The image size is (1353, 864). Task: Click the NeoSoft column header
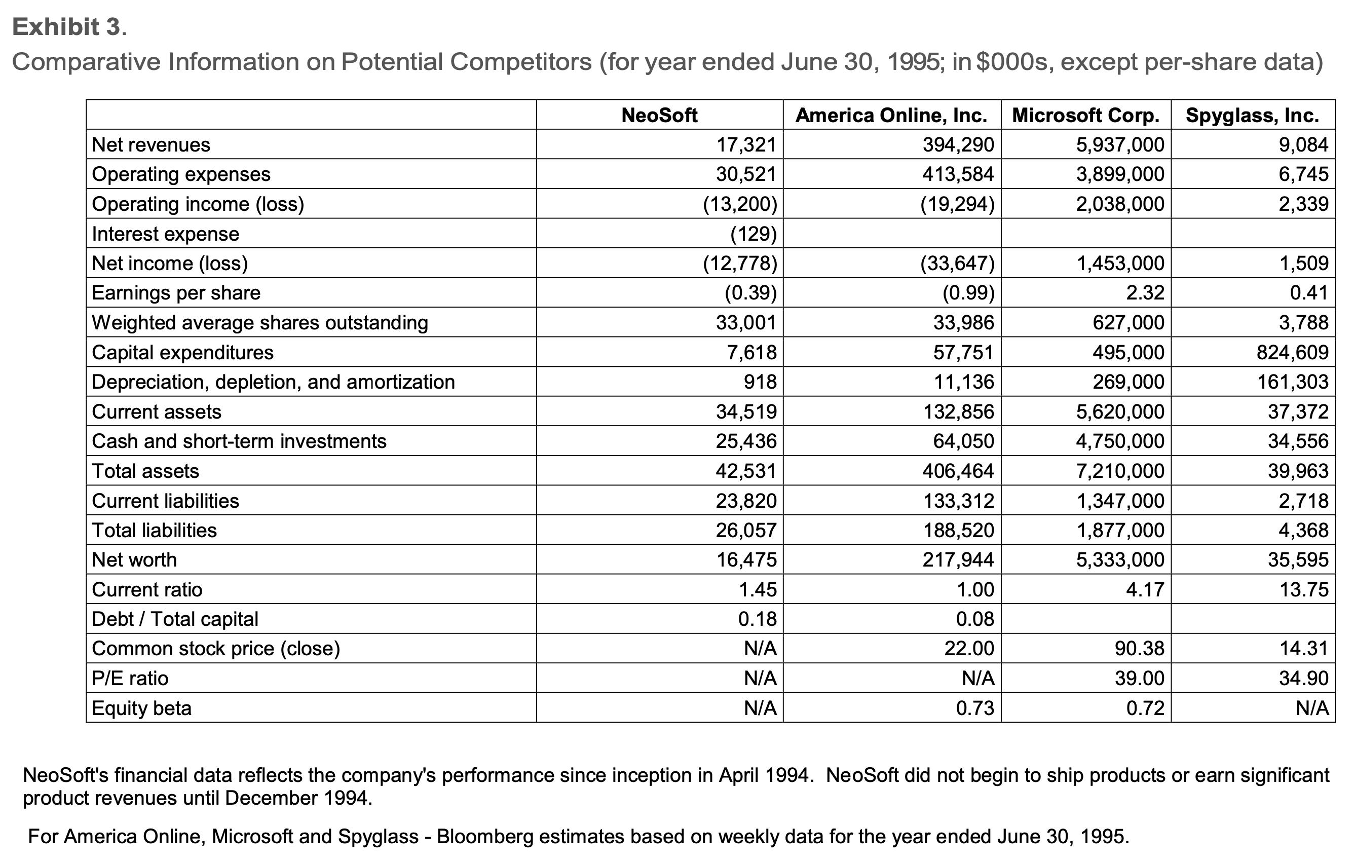[659, 115]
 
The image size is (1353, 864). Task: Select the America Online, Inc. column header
[891, 115]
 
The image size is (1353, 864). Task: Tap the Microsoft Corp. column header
[1085, 115]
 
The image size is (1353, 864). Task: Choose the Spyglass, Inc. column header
[1253, 115]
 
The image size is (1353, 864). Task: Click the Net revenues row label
[151, 145]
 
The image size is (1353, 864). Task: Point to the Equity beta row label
[141, 708]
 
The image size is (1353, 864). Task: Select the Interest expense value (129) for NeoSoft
[753, 234]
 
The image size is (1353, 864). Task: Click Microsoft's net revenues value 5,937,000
[1120, 145]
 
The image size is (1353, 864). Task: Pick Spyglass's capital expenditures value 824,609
[1292, 352]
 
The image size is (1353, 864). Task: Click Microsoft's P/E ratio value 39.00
[1140, 678]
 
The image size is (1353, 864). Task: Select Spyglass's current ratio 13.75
[1303, 589]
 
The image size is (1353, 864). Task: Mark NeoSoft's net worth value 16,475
[745, 559]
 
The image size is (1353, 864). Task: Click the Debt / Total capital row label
[175, 619]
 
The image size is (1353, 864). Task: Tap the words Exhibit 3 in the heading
[66, 27]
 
